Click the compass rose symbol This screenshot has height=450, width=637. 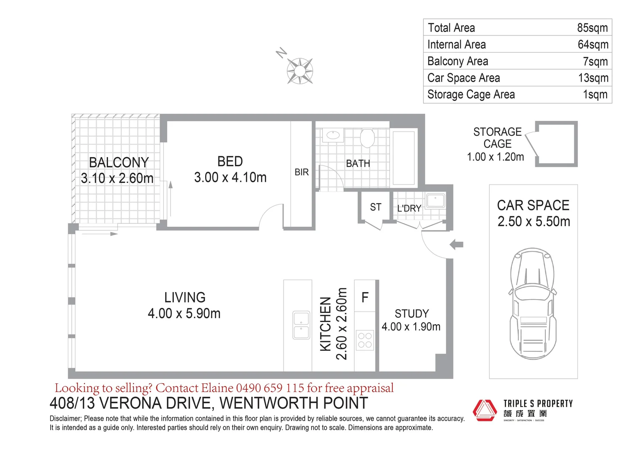[299, 70]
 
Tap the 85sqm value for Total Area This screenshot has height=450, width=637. [592, 28]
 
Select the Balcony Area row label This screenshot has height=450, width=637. [457, 61]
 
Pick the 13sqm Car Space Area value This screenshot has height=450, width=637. [593, 78]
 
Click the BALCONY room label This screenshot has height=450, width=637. [119, 162]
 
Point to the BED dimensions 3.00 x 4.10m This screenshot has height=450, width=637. [230, 177]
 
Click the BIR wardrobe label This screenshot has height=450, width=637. [301, 172]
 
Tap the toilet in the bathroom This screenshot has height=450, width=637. [367, 137]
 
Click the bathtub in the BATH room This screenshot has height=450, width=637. [404, 157]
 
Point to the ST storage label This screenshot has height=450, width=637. [375, 207]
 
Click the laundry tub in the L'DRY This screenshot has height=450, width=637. [435, 200]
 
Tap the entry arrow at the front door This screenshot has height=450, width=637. [456, 245]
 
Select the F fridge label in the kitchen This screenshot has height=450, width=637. [365, 297]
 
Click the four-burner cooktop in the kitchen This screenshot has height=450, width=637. [365, 340]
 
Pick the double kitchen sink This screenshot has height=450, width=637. [301, 325]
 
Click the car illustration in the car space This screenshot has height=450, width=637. [533, 303]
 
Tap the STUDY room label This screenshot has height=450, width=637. [411, 313]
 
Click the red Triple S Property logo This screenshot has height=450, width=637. [484, 410]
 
